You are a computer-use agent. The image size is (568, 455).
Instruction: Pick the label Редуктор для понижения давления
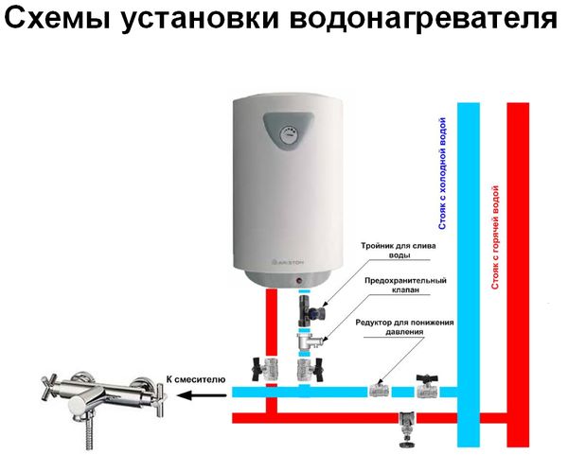404,327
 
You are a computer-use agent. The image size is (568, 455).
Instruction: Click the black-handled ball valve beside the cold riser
427,387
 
